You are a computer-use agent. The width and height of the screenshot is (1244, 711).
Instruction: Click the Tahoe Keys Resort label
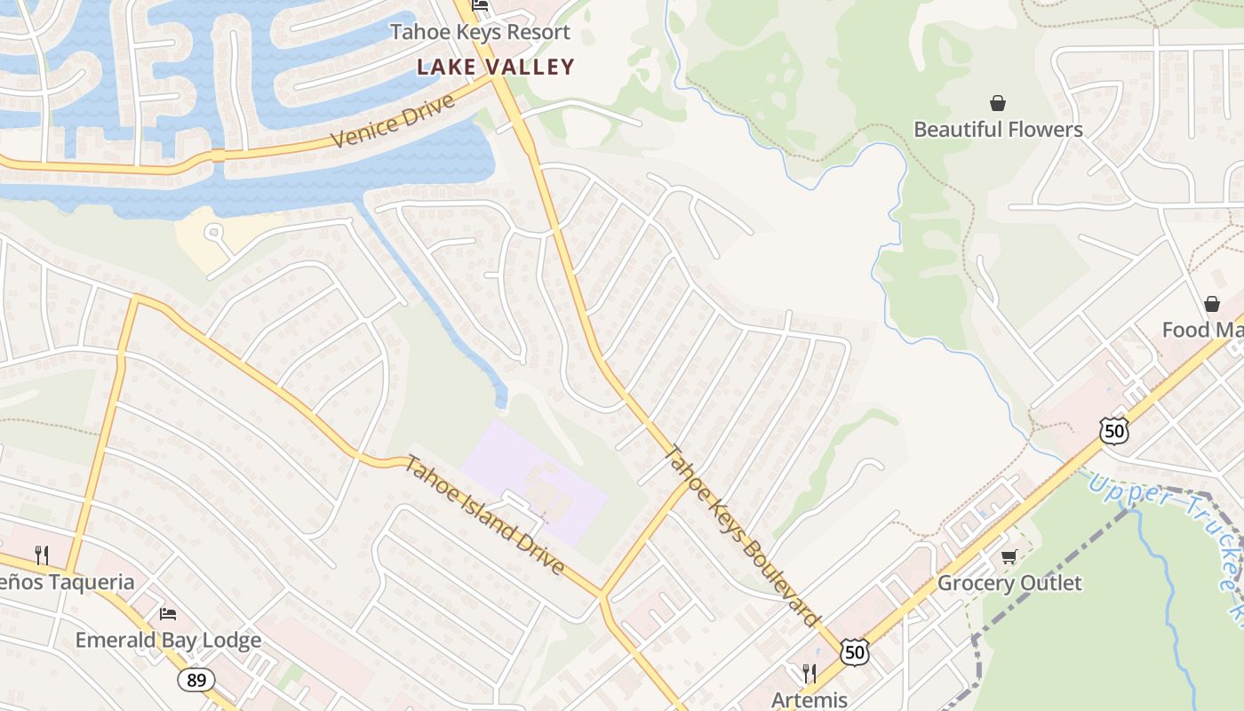(480, 33)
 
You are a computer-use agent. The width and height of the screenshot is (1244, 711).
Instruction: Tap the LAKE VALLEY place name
(496, 67)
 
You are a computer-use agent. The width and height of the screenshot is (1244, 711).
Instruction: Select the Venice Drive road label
(393, 121)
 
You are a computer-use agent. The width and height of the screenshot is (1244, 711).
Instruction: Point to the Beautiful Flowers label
(998, 130)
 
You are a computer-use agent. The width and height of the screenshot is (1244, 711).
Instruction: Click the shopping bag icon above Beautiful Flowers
(998, 103)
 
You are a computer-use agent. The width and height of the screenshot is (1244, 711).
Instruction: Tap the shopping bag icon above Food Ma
(1212, 304)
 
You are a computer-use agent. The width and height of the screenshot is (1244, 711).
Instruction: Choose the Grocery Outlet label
(1009, 584)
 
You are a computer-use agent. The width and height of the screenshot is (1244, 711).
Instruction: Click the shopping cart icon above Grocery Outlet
(1008, 557)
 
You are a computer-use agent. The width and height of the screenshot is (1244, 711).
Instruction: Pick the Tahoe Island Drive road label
(484, 515)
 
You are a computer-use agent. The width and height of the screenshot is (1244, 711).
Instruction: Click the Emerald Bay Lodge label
(168, 641)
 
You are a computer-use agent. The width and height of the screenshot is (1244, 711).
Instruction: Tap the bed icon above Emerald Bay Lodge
(167, 614)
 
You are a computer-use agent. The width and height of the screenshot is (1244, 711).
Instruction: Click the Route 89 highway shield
(195, 681)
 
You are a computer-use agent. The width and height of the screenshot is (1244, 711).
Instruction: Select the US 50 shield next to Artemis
(854, 652)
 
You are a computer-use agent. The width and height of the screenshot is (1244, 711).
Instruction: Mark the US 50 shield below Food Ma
(1113, 430)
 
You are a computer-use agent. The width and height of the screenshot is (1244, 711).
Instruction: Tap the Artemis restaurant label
(809, 699)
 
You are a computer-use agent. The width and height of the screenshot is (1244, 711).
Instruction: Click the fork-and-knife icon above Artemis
(809, 673)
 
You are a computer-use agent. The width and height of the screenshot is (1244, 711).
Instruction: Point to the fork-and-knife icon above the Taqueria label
(41, 555)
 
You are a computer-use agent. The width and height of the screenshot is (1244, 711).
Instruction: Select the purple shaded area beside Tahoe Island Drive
(533, 480)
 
